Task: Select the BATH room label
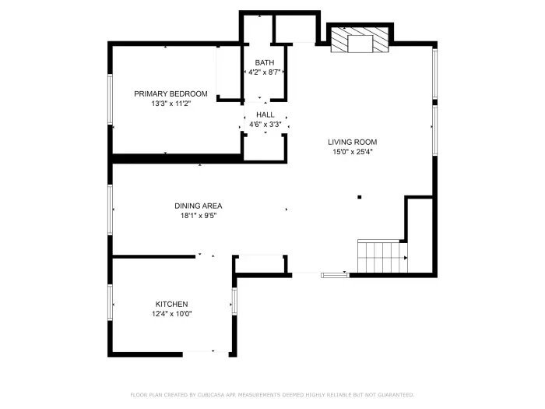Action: (x=264, y=62)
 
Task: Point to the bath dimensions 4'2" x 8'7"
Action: (x=264, y=72)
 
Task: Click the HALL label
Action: (x=265, y=115)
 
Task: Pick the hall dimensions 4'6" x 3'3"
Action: (x=265, y=124)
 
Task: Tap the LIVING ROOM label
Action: (x=352, y=142)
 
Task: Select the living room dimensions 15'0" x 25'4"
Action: (x=352, y=152)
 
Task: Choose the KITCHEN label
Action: (x=171, y=304)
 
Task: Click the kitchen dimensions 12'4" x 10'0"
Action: (x=171, y=314)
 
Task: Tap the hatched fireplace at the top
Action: (x=359, y=41)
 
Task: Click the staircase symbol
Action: (x=378, y=256)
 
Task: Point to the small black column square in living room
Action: (x=359, y=197)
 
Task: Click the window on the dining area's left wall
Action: (x=111, y=209)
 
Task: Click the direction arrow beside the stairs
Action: (x=404, y=256)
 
